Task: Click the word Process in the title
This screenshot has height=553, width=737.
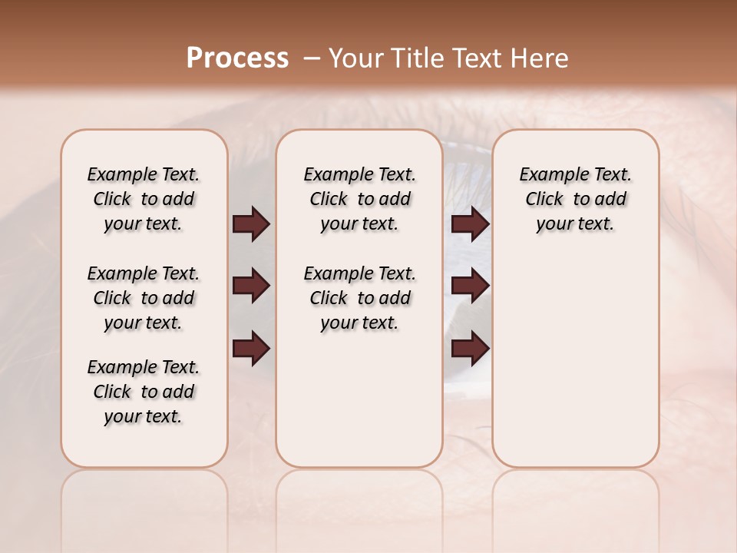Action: point(237,58)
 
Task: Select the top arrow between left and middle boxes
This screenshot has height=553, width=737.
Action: point(251,224)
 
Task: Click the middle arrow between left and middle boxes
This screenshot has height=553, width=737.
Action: point(251,286)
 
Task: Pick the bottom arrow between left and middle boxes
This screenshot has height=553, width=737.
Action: point(251,348)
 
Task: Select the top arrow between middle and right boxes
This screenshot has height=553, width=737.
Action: point(470,224)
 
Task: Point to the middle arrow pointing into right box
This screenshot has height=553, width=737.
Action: point(470,286)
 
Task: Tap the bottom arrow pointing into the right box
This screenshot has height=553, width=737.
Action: point(470,348)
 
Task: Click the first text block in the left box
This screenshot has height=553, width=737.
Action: point(144,199)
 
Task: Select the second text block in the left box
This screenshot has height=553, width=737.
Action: point(144,298)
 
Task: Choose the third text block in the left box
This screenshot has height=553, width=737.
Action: point(144,392)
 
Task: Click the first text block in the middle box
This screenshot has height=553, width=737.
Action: point(360,199)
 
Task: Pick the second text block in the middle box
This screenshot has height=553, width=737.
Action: point(360,298)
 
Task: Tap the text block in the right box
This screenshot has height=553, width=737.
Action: point(576,199)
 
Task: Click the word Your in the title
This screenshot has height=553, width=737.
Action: point(354,58)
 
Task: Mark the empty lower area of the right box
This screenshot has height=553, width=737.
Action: point(576,361)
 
